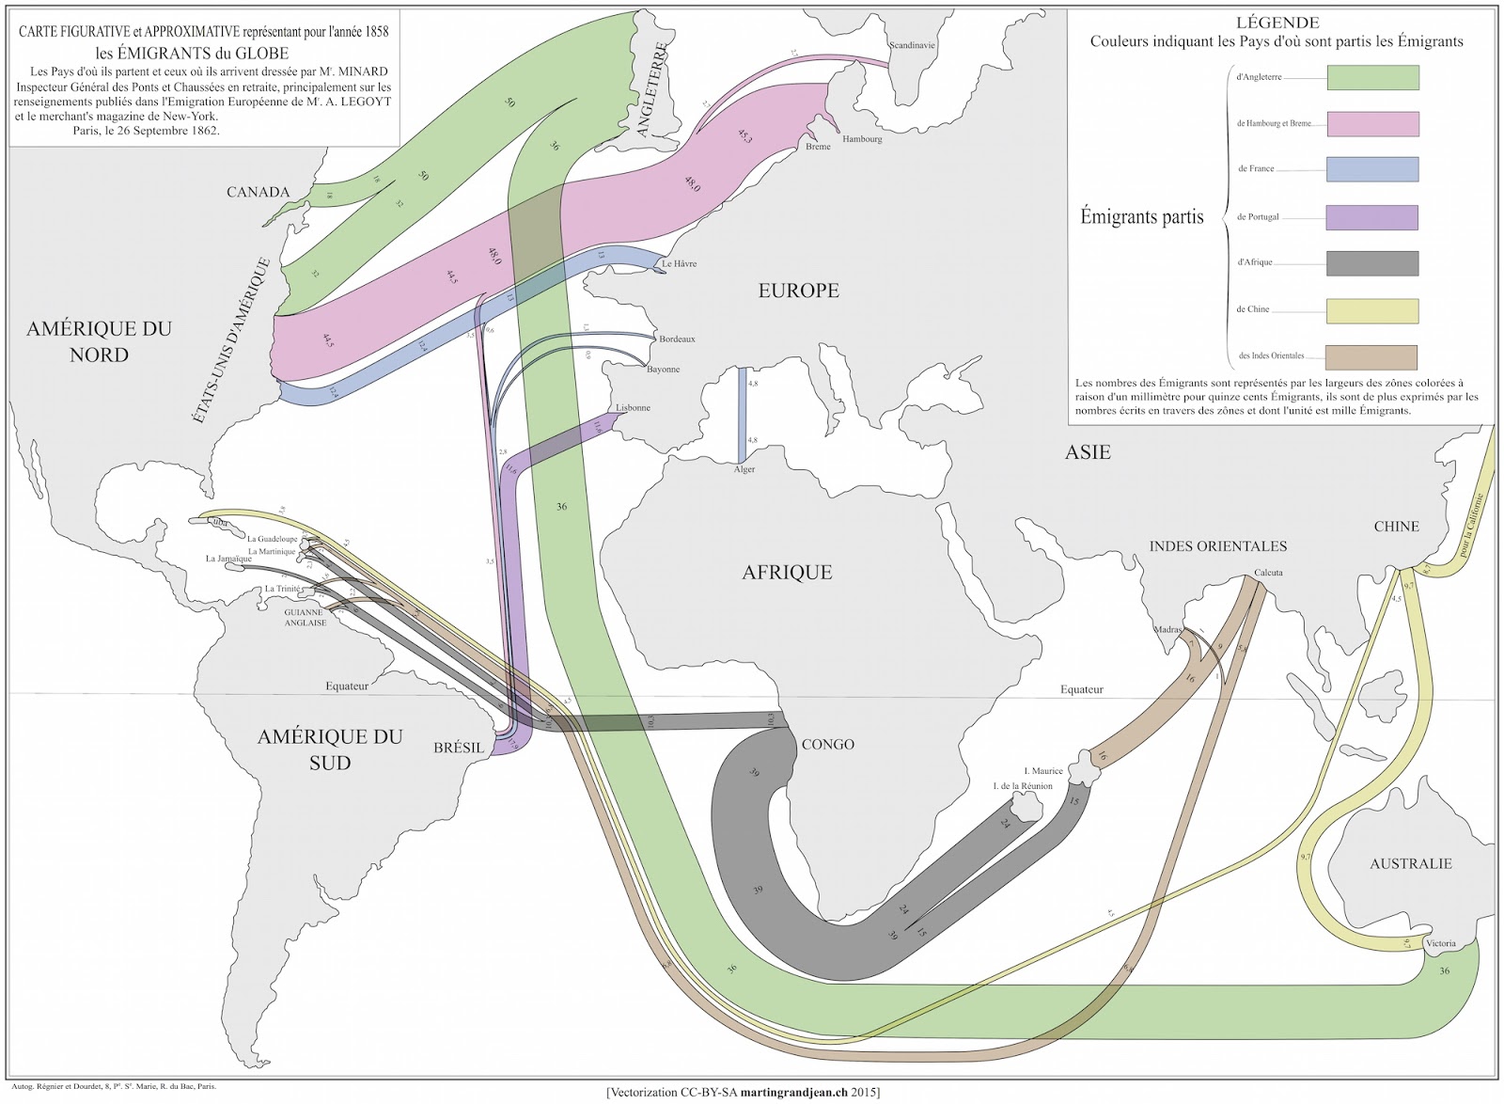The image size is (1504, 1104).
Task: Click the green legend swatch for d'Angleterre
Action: (x=1372, y=77)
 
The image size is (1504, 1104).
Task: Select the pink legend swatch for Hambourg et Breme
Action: (x=1372, y=123)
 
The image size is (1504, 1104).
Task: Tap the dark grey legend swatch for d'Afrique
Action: (x=1372, y=263)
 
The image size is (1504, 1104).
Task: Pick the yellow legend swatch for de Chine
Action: (x=1372, y=310)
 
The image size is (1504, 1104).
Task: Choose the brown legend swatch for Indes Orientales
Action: (x=1372, y=357)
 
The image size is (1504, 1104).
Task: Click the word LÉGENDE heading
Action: (x=1277, y=23)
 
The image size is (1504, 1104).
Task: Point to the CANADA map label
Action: (x=258, y=192)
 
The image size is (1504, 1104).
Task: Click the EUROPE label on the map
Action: (x=798, y=291)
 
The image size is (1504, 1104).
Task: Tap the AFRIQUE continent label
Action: (x=787, y=572)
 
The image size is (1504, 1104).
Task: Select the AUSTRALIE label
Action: (x=1410, y=863)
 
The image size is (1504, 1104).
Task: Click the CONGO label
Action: (x=827, y=744)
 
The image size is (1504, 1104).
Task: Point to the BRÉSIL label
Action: (x=459, y=748)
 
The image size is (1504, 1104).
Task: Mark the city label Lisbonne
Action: (x=633, y=408)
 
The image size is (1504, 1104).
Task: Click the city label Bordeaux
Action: (x=677, y=339)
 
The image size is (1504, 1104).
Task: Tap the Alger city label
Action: (x=744, y=469)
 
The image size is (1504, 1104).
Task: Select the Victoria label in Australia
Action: (x=1440, y=943)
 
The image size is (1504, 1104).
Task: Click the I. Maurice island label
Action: (x=1042, y=771)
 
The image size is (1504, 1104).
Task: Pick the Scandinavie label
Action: (x=912, y=45)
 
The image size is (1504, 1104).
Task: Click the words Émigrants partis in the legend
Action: (x=1141, y=216)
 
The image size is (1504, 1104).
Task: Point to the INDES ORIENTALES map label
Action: (x=1217, y=545)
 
